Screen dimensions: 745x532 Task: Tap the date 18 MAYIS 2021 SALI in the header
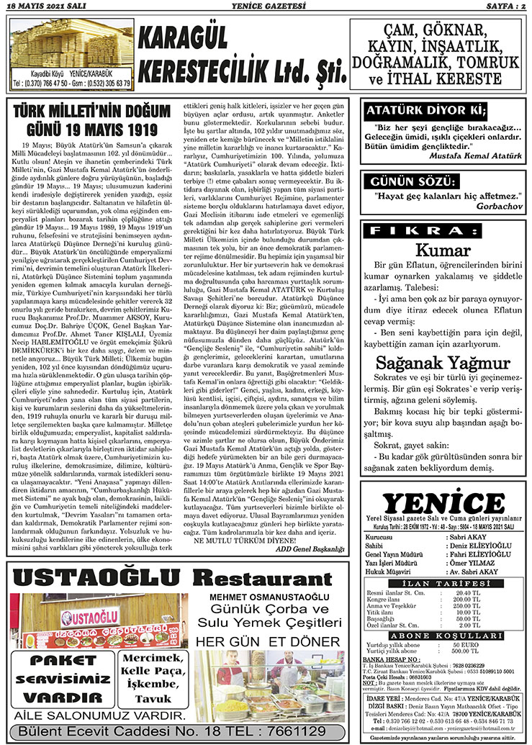(x=43, y=6)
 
